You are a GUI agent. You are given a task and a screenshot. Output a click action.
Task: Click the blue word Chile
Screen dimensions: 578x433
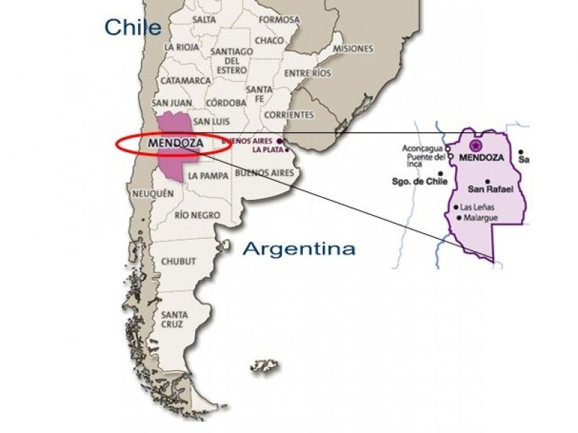pyautogui.click(x=132, y=27)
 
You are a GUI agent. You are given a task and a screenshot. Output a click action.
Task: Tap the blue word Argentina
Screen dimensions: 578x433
pyautogui.click(x=298, y=249)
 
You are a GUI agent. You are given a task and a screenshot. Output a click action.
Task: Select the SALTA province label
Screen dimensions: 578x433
pyautogui.click(x=204, y=19)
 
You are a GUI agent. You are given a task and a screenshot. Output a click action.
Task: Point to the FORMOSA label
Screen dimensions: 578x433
pyautogui.click(x=278, y=19)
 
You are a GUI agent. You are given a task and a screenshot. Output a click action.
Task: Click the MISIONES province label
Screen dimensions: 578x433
pyautogui.click(x=353, y=48)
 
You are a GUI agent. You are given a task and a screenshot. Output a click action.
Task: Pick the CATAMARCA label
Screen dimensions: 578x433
pyautogui.click(x=186, y=81)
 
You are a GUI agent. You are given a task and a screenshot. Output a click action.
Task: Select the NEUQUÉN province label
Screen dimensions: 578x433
pyautogui.click(x=153, y=193)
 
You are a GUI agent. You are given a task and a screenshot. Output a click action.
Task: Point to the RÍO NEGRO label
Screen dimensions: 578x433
pyautogui.click(x=197, y=215)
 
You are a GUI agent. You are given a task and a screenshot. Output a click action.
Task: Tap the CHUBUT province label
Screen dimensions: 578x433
pyautogui.click(x=178, y=261)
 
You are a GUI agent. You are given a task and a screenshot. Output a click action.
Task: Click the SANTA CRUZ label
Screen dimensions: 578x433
pyautogui.click(x=175, y=319)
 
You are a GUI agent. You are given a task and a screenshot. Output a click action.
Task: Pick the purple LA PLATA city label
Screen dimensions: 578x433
pyautogui.click(x=267, y=150)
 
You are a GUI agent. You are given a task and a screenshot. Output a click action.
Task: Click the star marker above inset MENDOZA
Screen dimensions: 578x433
pyautogui.click(x=475, y=146)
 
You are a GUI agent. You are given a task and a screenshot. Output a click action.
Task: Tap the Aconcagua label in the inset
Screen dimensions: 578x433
pyautogui.click(x=423, y=149)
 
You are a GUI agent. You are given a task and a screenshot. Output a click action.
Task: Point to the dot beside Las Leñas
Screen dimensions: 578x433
pyautogui.click(x=455, y=208)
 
